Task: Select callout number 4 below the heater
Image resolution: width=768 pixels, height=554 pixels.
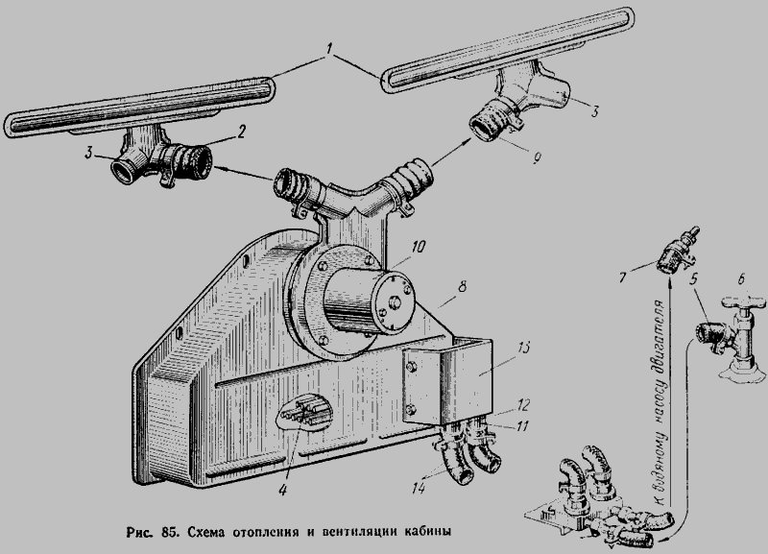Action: [x=282, y=490]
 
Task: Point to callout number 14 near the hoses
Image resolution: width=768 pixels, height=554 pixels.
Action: [x=419, y=488]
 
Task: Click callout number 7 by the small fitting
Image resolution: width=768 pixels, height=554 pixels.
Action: [x=623, y=278]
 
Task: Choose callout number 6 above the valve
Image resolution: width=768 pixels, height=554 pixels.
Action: [x=741, y=279]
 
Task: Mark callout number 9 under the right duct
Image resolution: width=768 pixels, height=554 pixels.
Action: [x=537, y=158]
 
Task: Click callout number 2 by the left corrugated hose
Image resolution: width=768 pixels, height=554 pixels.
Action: [x=241, y=132]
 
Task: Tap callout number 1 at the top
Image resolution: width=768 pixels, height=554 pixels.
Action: [x=329, y=49]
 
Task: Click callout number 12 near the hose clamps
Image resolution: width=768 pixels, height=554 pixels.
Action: [x=522, y=405]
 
